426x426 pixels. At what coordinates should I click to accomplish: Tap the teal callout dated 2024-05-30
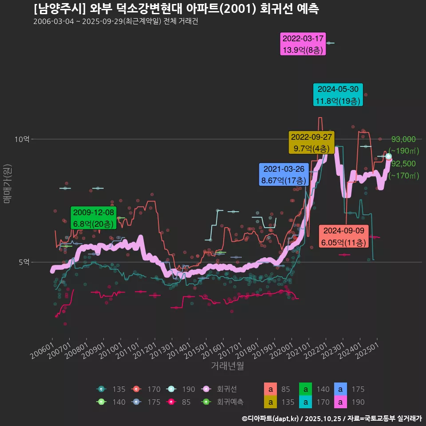tap(338, 95)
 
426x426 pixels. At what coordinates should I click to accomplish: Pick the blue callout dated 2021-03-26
tap(284, 175)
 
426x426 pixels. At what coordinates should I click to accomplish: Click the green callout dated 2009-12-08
tap(94, 217)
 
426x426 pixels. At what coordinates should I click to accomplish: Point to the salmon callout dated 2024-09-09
tap(343, 237)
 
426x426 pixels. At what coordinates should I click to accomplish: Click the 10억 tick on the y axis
tap(22, 139)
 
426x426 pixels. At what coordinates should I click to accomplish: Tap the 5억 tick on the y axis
tap(24, 262)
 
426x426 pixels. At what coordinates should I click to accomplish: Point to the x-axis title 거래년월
tap(227, 366)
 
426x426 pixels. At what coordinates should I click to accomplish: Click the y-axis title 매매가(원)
tap(7, 184)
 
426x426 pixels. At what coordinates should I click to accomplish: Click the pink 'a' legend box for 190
tap(340, 402)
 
